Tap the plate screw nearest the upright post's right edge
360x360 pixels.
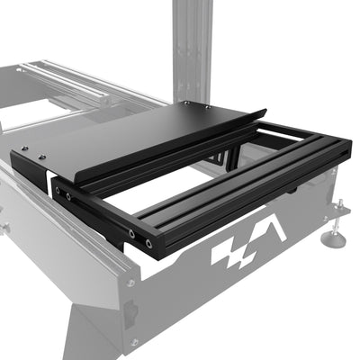pyautogui.click(x=210, y=105)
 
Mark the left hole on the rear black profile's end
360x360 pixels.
pyautogui.click(x=57, y=190)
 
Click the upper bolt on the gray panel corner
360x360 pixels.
pyautogui.click(x=131, y=283)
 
